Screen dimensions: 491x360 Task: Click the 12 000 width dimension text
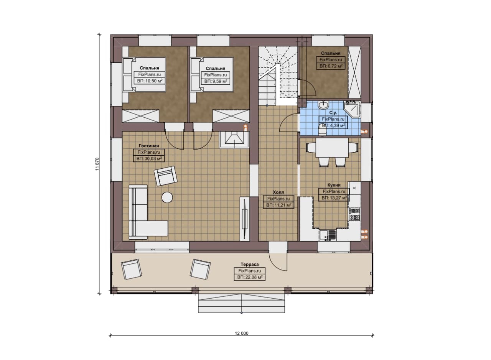pyautogui.click(x=242, y=333)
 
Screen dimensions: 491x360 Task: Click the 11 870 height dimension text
pyautogui.click(x=97, y=164)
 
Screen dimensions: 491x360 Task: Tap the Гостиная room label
pyautogui.click(x=149, y=146)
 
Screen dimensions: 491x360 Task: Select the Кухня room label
pyautogui.click(x=334, y=185)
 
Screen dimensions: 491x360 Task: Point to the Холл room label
pyautogui.click(x=278, y=192)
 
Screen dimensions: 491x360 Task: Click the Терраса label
pyautogui.click(x=250, y=264)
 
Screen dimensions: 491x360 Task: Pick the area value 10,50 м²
pyautogui.click(x=150, y=81)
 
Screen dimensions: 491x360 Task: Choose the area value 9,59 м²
pyautogui.click(x=216, y=81)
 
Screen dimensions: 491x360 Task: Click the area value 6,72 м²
pyautogui.click(x=331, y=66)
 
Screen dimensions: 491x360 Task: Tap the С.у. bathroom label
pyautogui.click(x=333, y=113)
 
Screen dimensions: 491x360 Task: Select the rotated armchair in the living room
pyautogui.click(x=165, y=176)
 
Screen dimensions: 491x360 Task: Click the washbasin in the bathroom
pyautogui.click(x=323, y=105)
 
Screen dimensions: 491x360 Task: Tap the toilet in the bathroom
pyautogui.click(x=322, y=132)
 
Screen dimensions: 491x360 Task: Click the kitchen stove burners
pyautogui.click(x=354, y=214)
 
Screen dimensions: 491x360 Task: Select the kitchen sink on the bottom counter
pyautogui.click(x=328, y=235)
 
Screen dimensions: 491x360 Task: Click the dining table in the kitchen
pyautogui.click(x=332, y=148)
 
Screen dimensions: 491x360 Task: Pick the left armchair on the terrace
pyautogui.click(x=131, y=269)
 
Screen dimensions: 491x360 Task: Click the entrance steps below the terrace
pyautogui.click(x=242, y=303)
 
